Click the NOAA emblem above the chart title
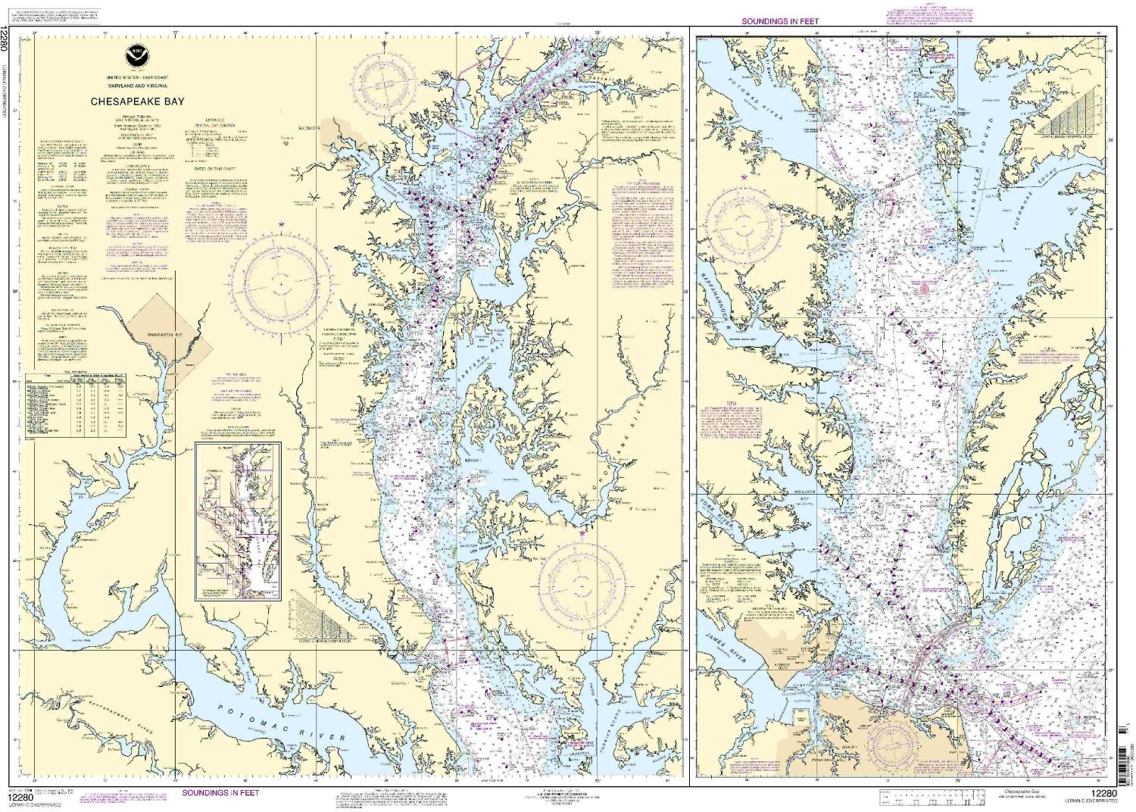[137, 55]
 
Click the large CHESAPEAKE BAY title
[137, 101]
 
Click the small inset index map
[238, 521]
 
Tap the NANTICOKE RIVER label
[654, 606]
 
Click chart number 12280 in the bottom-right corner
[1102, 793]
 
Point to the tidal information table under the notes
[76, 404]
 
